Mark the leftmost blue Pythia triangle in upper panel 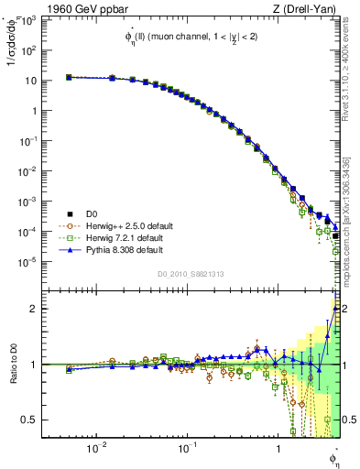point(69,77)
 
